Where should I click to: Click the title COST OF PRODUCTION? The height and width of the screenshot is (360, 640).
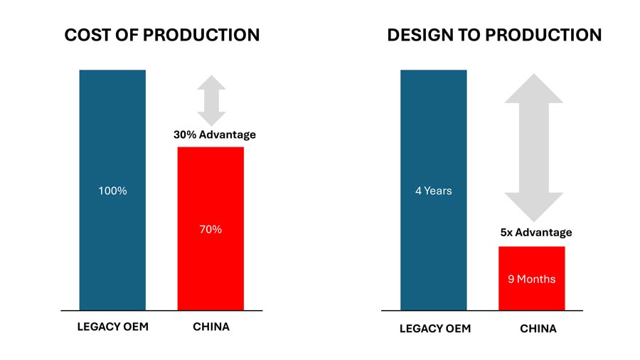pos(161,35)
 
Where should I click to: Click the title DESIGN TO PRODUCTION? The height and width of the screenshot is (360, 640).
pos(494,35)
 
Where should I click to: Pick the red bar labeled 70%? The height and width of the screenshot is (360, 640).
pos(210,270)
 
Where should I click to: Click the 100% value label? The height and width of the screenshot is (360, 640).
pos(112,191)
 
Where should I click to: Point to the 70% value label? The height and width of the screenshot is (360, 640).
pos(210,230)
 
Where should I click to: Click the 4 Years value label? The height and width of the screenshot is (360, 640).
pos(433,191)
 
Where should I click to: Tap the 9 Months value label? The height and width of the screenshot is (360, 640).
pos(531,279)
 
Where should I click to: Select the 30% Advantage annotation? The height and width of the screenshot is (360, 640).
pos(214,134)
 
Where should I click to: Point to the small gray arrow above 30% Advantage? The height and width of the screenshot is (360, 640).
pos(211,100)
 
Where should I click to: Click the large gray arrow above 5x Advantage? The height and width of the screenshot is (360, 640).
pos(533,147)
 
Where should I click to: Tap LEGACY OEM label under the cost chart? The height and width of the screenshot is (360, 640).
pos(112,328)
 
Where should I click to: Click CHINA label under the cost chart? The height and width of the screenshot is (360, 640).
pos(211,328)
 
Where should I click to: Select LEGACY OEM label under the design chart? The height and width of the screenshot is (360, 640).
pos(433,329)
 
